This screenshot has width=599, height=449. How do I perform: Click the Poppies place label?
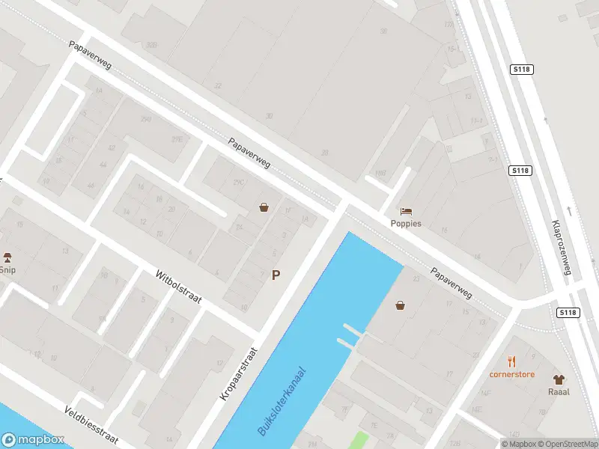406,223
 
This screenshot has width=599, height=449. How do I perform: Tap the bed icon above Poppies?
406,211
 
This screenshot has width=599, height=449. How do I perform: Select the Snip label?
7,270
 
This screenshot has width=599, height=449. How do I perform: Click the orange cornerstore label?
512,373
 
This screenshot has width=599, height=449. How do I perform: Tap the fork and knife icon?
512,361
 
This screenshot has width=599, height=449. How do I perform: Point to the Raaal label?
559,391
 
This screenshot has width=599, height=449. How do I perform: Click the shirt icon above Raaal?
559,379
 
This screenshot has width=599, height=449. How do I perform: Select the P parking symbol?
276,275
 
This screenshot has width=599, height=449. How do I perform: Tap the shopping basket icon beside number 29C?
264,207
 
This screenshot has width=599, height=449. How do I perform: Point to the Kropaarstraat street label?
239,373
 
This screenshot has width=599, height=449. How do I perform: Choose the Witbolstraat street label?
179,287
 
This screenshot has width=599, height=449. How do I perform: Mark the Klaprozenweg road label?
561,248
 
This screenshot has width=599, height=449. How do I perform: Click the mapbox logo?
32,440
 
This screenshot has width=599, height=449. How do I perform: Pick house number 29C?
239,182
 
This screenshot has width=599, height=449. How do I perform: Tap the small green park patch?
360,441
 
